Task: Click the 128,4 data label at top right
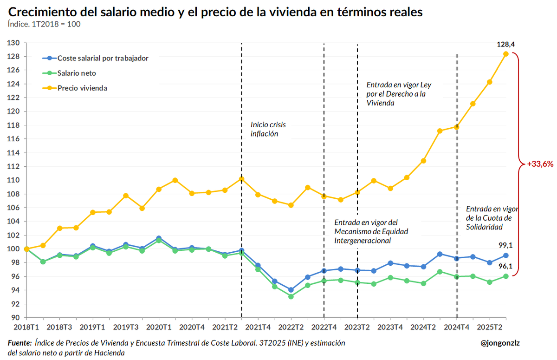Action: coord(506,45)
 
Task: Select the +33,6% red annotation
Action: coord(540,164)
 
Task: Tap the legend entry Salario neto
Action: coord(77,73)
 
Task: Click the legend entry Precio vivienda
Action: coord(82,88)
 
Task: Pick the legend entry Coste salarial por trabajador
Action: coord(103,58)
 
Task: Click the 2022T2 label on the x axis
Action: coord(291,327)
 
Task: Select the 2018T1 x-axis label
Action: coord(26,327)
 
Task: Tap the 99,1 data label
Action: coord(506,246)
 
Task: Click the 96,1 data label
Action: coord(506,267)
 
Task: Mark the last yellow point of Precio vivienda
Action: coord(506,54)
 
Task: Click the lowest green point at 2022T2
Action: coord(291,296)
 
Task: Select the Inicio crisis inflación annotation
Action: coord(268,129)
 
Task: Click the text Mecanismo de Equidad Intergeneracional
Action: coord(371,231)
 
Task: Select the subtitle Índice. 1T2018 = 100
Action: coord(44,24)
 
